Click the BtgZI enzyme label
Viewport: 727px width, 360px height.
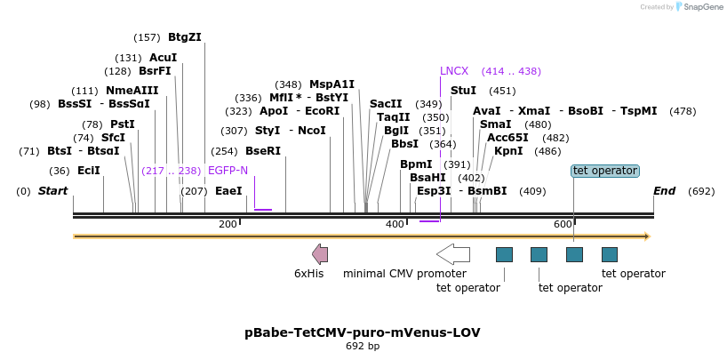[185, 37]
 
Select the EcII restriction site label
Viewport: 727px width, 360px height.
[89, 171]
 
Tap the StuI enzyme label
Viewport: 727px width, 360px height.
[463, 91]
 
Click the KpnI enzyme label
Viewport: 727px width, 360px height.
[508, 151]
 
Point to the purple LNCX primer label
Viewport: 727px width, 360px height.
[454, 71]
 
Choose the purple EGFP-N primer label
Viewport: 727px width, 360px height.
[228, 171]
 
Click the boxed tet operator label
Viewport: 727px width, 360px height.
[604, 171]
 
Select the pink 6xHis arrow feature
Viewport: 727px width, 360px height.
[320, 254]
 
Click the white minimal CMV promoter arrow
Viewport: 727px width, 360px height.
[453, 254]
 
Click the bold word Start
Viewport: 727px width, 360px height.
[53, 191]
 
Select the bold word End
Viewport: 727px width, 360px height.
[664, 191]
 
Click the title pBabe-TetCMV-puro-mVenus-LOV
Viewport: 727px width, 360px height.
[363, 332]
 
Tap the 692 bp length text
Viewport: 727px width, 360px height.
[363, 347]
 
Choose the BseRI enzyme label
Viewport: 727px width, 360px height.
[263, 151]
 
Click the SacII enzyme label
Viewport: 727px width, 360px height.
[386, 104]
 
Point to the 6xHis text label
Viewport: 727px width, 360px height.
[308, 274]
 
